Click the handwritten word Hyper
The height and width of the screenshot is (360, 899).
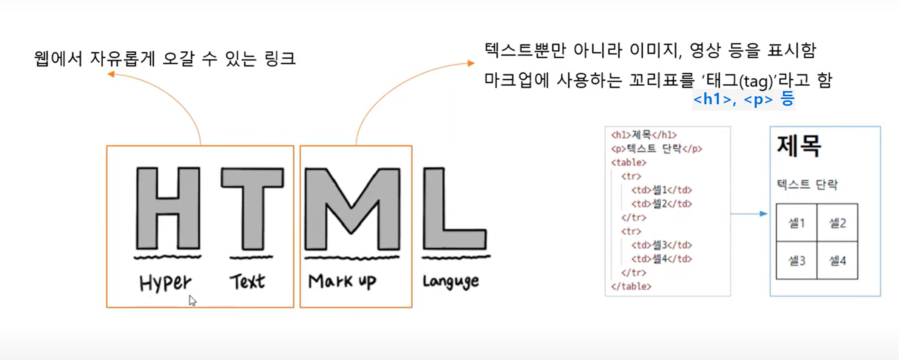(165, 283)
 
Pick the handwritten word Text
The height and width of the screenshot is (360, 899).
(247, 282)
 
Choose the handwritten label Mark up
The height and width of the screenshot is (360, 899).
(342, 282)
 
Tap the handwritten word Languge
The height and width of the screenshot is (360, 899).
(451, 282)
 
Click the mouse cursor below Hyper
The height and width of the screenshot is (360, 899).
(192, 301)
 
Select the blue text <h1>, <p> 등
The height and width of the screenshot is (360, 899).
(743, 99)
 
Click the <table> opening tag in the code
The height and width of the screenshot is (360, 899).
(629, 162)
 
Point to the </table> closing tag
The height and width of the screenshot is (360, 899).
(631, 286)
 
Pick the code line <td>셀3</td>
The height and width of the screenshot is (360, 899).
(661, 245)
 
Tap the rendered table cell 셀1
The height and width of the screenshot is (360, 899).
(796, 223)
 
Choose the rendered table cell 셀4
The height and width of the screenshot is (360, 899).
(837, 261)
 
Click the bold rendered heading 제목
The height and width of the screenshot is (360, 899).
(799, 146)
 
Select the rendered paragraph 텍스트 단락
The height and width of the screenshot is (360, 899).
(807, 185)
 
